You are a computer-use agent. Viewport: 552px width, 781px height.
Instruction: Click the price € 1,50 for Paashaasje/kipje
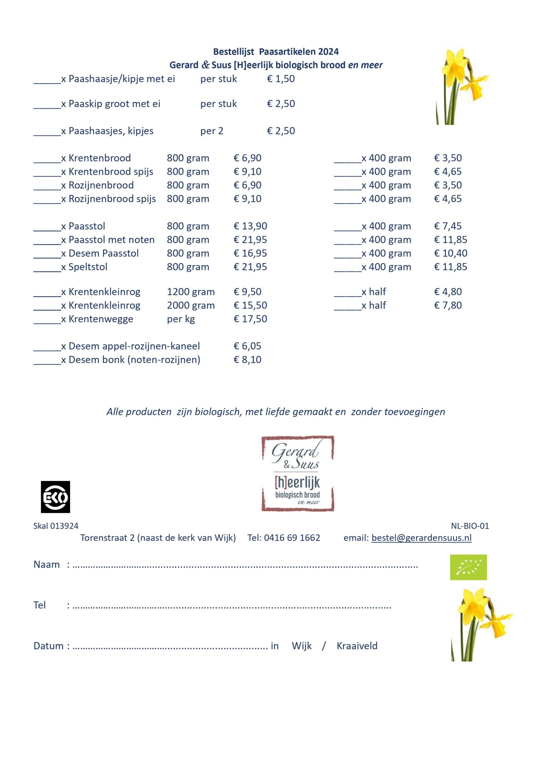[x=281, y=79]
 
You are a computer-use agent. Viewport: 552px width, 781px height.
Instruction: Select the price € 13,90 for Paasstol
[x=250, y=226]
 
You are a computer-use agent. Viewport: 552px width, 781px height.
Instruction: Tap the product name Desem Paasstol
[x=103, y=254]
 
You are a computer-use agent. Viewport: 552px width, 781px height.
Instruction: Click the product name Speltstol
[x=88, y=267]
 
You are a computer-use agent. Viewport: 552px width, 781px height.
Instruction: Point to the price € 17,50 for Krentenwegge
[x=250, y=319]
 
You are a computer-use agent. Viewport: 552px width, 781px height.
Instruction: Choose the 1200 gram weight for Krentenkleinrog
[x=191, y=292]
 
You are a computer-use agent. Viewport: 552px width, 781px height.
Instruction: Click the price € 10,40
[x=450, y=254]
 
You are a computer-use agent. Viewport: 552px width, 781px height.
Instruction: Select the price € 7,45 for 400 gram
[x=448, y=226]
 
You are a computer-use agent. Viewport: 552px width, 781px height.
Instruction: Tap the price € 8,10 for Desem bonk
[x=247, y=360]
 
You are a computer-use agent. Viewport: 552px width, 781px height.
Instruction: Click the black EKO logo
[x=56, y=497]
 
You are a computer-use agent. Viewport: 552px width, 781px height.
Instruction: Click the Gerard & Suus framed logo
[x=298, y=473]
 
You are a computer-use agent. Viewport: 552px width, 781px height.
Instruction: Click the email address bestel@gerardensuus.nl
[x=421, y=538]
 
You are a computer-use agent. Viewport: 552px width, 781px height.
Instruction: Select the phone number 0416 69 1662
[x=292, y=538]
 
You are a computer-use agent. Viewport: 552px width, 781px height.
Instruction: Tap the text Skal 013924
[x=56, y=526]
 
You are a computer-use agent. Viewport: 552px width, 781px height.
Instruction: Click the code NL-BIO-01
[x=470, y=526]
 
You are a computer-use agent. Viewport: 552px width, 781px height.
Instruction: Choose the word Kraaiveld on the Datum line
[x=357, y=646]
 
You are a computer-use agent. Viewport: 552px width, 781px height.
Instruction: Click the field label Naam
[x=47, y=565]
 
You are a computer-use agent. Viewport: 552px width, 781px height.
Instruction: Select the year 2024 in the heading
[x=328, y=52]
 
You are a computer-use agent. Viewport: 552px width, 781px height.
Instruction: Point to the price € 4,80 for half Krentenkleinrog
[x=448, y=292]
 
